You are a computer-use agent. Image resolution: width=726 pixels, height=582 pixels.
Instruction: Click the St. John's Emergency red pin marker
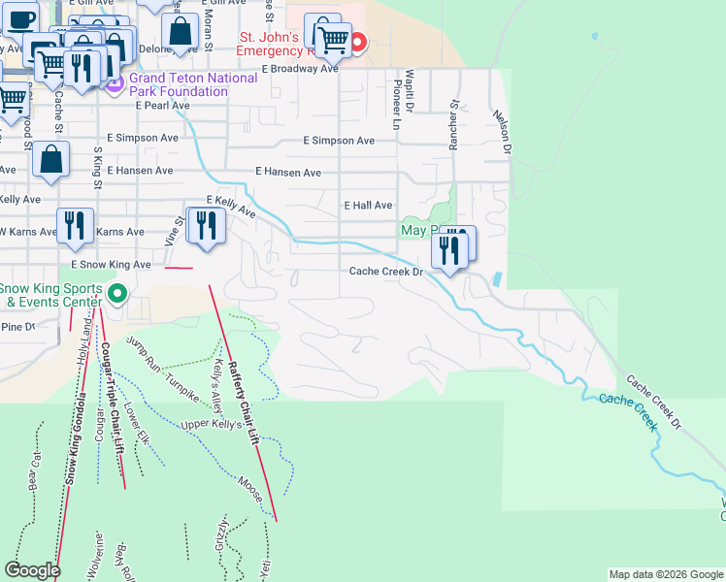357,42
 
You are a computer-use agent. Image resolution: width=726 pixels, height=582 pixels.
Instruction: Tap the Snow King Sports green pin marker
118,292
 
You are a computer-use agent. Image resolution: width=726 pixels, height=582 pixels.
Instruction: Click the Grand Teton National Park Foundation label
179,85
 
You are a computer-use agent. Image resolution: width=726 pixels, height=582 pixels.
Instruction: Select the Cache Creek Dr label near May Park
387,272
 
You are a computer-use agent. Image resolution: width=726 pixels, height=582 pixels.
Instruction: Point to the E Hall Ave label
368,206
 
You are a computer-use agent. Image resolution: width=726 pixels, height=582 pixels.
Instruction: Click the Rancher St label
452,124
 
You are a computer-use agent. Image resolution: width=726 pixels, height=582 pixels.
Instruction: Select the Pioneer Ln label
396,106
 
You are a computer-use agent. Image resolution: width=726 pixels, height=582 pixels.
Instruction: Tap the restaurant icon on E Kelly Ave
205,226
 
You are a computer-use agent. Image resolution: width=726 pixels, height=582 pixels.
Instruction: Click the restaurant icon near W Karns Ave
75,226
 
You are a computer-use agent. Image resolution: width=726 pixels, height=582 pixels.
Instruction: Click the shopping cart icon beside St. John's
333,39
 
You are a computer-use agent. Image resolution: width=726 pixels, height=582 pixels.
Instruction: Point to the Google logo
32,570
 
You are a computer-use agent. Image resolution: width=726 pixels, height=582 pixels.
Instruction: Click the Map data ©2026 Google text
666,574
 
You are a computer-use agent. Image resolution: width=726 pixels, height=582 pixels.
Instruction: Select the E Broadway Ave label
300,69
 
